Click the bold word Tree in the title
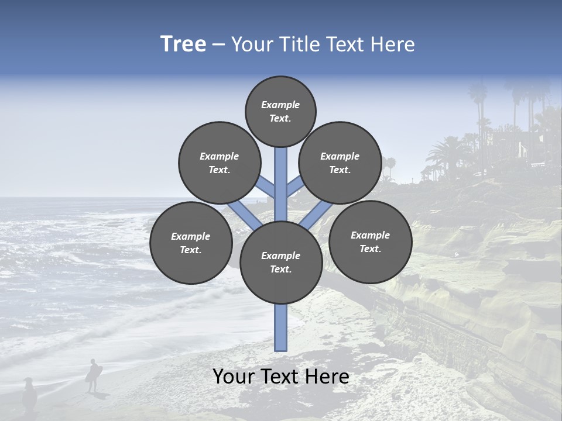(x=183, y=44)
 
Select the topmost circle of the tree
(x=280, y=111)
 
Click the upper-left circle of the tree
(x=219, y=163)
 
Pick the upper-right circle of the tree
(x=340, y=163)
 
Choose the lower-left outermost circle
(x=191, y=243)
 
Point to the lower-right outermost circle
(x=370, y=241)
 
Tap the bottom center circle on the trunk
(x=281, y=262)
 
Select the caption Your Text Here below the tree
(x=281, y=377)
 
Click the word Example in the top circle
(x=280, y=105)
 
